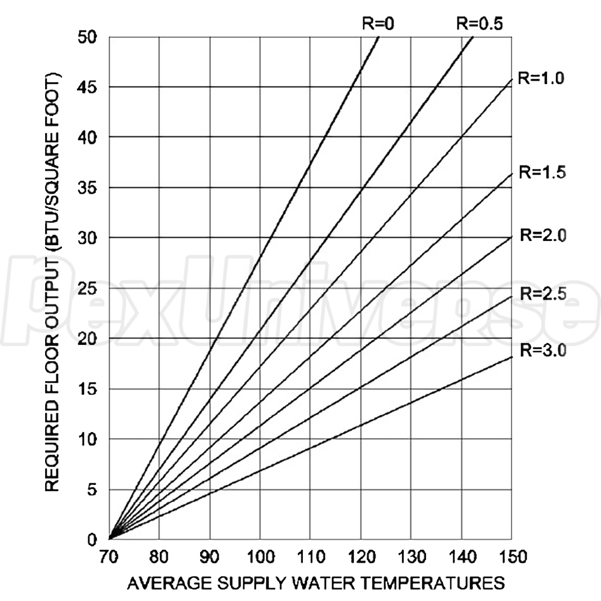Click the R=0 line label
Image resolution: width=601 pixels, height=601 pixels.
point(377,23)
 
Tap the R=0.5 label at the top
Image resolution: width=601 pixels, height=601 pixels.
point(479,23)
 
